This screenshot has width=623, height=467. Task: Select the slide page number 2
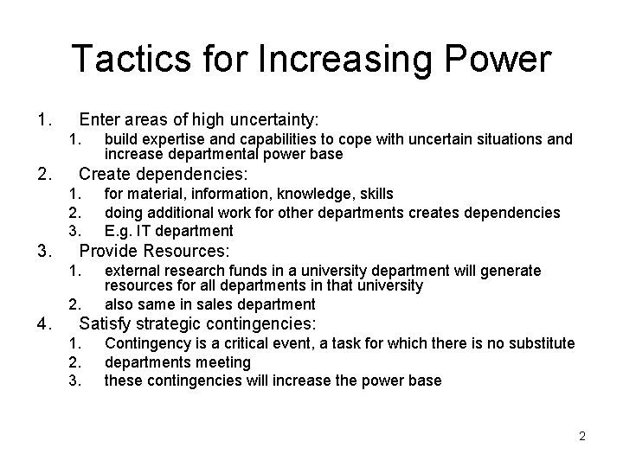tap(582, 436)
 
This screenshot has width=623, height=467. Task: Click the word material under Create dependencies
tap(154, 194)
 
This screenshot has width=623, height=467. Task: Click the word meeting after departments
tap(223, 362)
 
